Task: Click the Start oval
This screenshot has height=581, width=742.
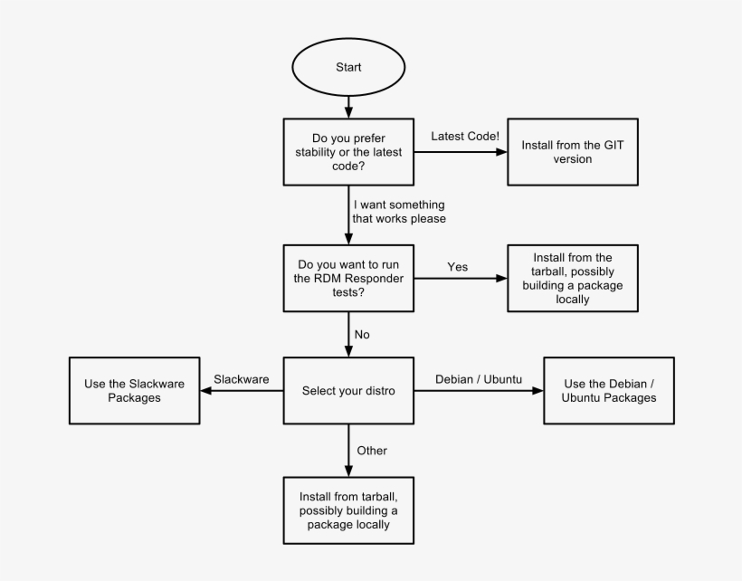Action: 347,68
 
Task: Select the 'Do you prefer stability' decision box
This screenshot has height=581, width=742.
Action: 347,153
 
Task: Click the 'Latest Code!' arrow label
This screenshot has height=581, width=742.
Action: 464,136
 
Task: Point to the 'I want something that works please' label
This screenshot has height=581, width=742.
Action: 399,212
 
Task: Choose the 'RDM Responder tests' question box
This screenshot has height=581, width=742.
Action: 347,278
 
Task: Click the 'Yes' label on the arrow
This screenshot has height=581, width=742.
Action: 458,267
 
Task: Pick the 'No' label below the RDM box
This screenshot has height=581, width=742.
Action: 362,334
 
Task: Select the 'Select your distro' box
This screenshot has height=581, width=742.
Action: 347,391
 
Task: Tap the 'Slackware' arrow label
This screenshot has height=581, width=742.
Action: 241,379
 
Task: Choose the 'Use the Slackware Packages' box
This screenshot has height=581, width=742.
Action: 134,391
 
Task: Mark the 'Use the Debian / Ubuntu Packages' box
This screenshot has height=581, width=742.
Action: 608,391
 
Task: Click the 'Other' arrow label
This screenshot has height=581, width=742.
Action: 372,450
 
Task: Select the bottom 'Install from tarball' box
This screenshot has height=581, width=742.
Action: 347,511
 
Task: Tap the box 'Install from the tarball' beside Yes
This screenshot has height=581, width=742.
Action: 572,278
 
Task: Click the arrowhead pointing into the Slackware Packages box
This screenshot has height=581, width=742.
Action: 206,391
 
